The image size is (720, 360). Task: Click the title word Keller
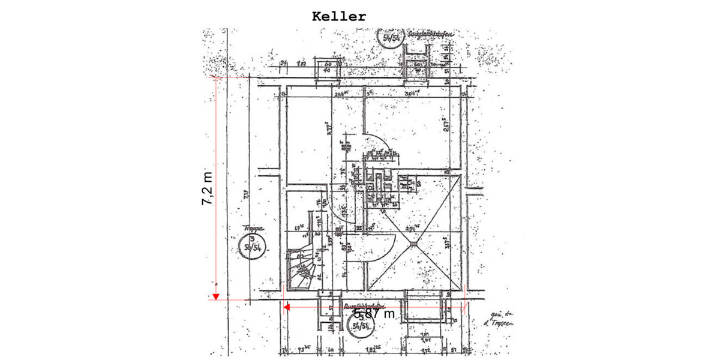tap(338, 16)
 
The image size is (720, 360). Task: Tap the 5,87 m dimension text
tap(374, 314)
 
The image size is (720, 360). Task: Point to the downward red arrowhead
tap(216, 296)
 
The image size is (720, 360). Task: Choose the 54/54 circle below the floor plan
tap(361, 325)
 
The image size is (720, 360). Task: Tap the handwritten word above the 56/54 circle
tap(254, 229)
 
